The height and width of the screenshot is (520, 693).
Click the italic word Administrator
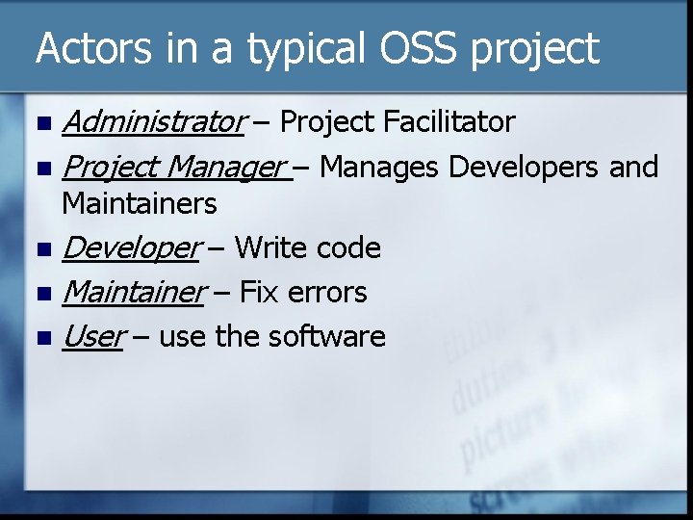(x=152, y=122)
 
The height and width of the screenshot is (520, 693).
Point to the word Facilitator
(x=449, y=122)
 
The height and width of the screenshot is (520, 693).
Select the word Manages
(x=379, y=169)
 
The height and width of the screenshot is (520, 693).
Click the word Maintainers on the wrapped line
(x=139, y=203)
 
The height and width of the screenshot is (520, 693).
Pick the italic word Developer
(x=129, y=248)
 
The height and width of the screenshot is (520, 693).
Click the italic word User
(x=92, y=337)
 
